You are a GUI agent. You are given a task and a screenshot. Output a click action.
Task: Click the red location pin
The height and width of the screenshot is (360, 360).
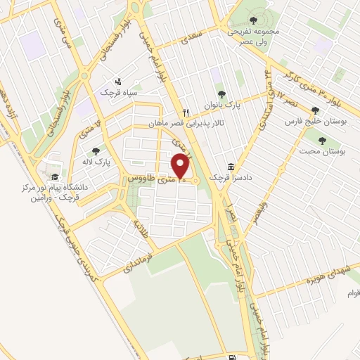click(x=181, y=166)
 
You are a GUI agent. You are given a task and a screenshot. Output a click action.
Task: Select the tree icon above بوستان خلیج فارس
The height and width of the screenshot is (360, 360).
click(x=314, y=110)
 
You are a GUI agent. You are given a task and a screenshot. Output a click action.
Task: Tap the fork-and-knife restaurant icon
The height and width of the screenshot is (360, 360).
click(x=186, y=112)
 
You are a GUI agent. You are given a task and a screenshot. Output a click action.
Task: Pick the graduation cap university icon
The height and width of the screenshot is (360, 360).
click(x=55, y=176)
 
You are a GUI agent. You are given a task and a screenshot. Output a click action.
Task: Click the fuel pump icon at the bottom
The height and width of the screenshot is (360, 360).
click(x=232, y=339)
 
